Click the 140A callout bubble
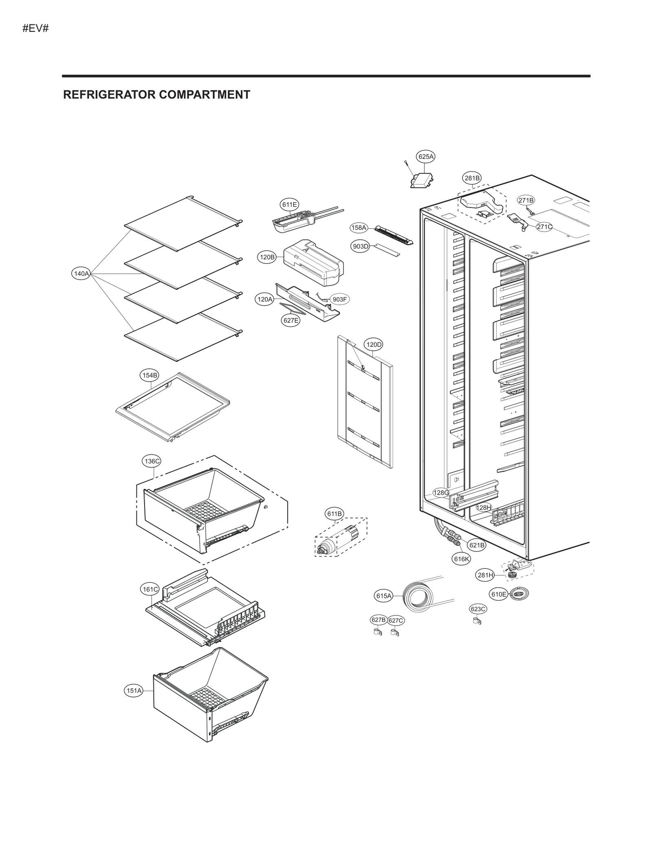[81, 273]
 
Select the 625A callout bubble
[426, 156]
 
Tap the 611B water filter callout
[334, 514]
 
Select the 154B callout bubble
[150, 375]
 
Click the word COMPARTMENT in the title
[204, 95]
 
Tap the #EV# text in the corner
[35, 29]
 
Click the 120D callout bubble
[374, 345]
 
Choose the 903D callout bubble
[360, 246]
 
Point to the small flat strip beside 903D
[387, 250]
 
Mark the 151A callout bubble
[134, 690]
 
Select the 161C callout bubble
[150, 589]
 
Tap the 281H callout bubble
[485, 575]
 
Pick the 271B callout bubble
[526, 200]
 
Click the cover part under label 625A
[422, 180]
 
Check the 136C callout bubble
[152, 461]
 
